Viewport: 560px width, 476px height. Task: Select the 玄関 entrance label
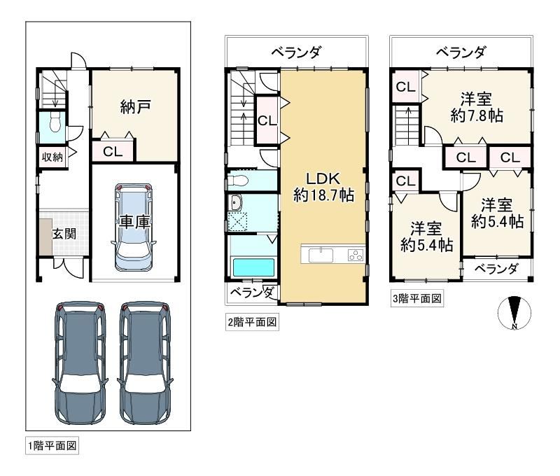(x=64, y=234)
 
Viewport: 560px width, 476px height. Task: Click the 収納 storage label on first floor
(x=52, y=157)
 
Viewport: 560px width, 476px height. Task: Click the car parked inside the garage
(x=134, y=227)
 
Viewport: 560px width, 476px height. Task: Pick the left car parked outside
(x=80, y=363)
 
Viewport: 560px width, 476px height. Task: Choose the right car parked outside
(x=145, y=363)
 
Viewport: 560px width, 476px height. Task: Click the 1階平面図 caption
(x=52, y=446)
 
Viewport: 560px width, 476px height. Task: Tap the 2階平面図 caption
(x=252, y=322)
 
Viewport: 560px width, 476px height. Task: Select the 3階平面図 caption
(x=416, y=298)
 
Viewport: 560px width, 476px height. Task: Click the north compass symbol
(x=514, y=312)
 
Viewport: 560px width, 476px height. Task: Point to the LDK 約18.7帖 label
(x=323, y=187)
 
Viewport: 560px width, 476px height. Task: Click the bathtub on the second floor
(x=253, y=267)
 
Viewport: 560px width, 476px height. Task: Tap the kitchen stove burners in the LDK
(x=356, y=255)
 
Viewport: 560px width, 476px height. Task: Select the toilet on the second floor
(x=238, y=181)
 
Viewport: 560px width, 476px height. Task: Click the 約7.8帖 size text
(x=477, y=116)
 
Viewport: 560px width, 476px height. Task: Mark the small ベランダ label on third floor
(x=496, y=269)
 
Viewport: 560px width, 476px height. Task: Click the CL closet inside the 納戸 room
(x=113, y=152)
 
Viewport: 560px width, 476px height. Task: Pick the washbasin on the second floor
(x=236, y=204)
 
